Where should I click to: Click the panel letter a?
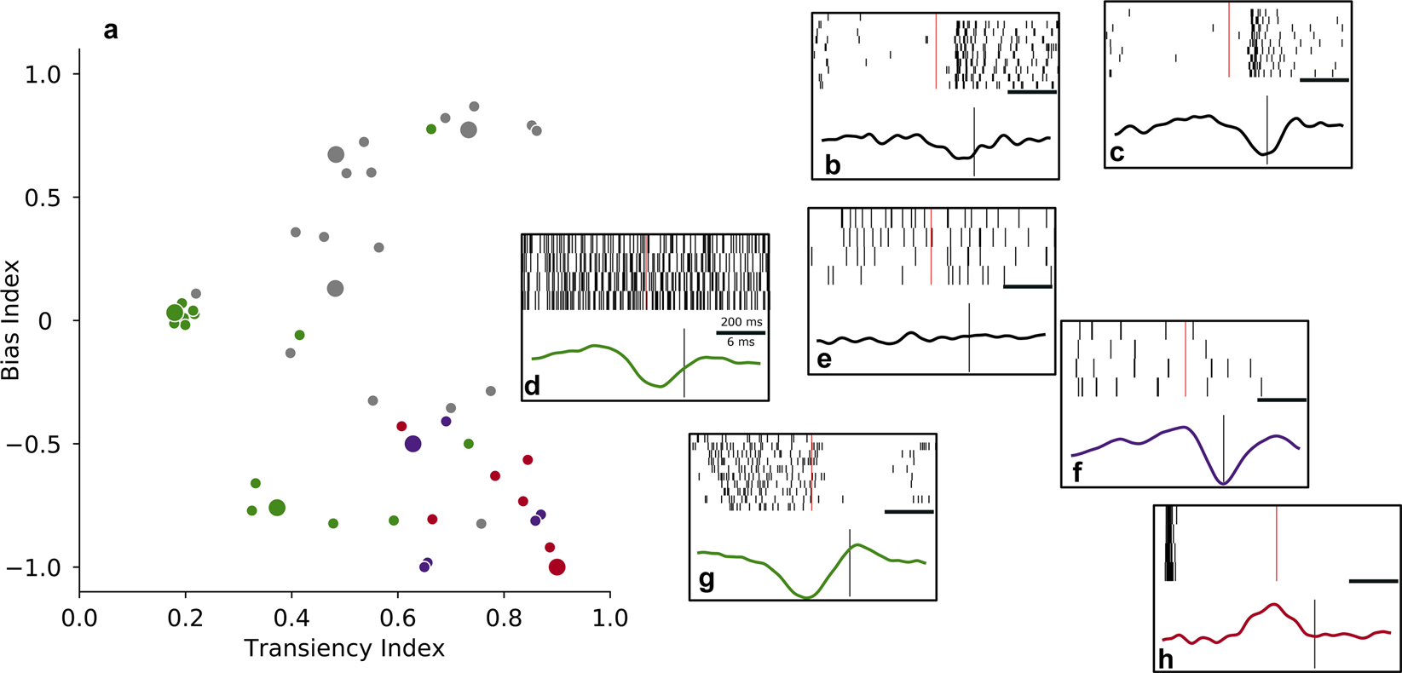(111, 32)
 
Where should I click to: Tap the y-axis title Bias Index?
(13, 320)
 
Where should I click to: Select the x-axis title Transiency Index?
(344, 649)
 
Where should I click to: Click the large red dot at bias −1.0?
(557, 567)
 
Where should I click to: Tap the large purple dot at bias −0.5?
(413, 444)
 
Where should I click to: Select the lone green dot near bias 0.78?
(431, 129)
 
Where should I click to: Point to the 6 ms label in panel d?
(741, 342)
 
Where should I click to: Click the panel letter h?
(1165, 659)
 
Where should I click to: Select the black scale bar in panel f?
(1282, 399)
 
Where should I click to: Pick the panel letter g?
(707, 580)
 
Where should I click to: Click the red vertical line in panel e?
(931, 247)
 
